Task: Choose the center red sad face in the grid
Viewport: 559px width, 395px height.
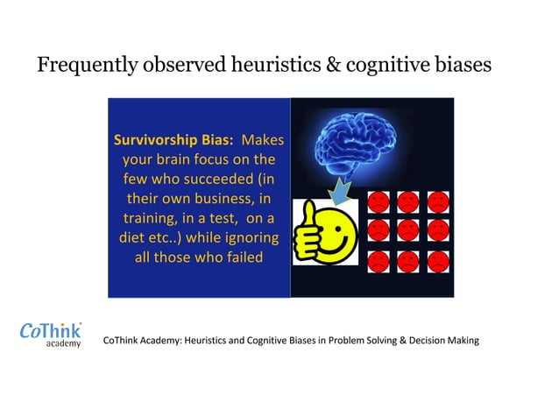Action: click(407, 231)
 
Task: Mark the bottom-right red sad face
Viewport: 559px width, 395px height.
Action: click(436, 260)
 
